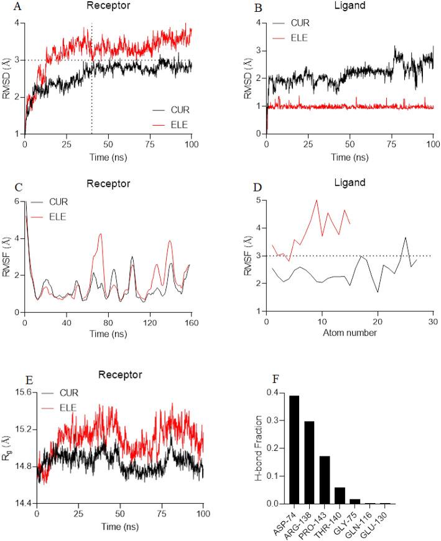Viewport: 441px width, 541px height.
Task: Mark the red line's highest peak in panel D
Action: point(317,200)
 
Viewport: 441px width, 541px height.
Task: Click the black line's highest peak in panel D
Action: point(406,238)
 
